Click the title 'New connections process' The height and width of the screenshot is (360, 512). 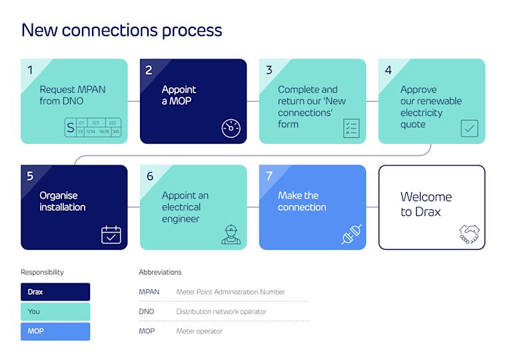[x=121, y=30]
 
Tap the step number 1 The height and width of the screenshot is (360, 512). [x=30, y=71]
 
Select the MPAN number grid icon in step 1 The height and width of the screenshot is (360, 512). [x=93, y=127]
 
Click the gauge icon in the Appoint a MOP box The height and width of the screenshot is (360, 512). [x=231, y=128]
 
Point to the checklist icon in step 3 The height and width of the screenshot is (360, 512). [x=351, y=128]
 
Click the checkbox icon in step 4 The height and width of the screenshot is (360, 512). [x=469, y=128]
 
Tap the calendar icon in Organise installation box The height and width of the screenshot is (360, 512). [x=111, y=235]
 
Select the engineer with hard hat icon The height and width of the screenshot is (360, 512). [x=231, y=235]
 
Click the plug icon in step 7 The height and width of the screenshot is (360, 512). [x=351, y=235]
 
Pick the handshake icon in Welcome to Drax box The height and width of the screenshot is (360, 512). [x=469, y=234]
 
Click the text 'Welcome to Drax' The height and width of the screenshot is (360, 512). [x=426, y=204]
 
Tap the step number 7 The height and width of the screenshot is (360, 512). [x=269, y=177]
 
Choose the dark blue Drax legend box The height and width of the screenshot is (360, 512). [x=55, y=292]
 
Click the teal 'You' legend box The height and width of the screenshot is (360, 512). [x=55, y=311]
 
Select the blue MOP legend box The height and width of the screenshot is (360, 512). [x=55, y=331]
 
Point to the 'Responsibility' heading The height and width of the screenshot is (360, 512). [x=43, y=272]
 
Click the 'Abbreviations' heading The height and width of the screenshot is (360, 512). [x=160, y=272]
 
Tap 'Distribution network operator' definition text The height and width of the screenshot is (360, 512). [x=221, y=311]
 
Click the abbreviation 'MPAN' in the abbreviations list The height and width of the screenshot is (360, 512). [x=149, y=292]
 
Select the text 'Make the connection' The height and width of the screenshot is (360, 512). [x=302, y=201]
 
